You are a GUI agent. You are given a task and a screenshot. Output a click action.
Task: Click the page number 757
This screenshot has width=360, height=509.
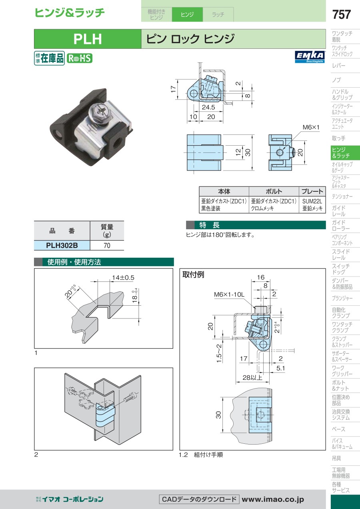(x=341, y=14)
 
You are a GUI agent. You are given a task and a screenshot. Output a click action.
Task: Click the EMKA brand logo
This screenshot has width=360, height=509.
(x=310, y=57)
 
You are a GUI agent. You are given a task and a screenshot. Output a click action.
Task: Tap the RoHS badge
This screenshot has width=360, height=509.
(x=80, y=58)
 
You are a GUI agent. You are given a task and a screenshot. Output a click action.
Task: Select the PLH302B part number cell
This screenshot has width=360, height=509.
(x=62, y=245)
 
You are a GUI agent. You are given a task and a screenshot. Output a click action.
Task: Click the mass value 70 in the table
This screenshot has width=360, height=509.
(x=107, y=245)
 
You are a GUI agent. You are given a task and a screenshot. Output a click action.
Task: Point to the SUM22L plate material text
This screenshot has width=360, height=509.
(x=312, y=201)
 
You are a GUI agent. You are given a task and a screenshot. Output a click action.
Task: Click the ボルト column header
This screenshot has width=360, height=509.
(x=274, y=191)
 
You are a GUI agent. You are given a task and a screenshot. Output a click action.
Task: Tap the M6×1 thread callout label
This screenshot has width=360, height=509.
(x=311, y=128)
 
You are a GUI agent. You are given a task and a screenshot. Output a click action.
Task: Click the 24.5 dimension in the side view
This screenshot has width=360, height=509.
(x=208, y=107)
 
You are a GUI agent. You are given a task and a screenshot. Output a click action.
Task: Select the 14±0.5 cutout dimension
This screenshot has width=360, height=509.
(x=123, y=277)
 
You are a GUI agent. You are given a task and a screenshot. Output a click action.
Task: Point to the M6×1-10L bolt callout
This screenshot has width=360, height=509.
(x=229, y=295)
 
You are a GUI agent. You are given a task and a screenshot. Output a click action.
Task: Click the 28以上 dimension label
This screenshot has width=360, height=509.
(x=252, y=377)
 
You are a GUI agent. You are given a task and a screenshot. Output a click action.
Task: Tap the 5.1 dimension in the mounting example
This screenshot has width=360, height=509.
(x=280, y=368)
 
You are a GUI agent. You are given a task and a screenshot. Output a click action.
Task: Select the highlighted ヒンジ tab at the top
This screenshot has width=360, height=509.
(x=187, y=14)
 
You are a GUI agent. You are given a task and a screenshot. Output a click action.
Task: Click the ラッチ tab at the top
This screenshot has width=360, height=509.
(x=218, y=14)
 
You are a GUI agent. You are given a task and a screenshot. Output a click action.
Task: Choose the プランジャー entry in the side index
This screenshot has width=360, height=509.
(x=342, y=298)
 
